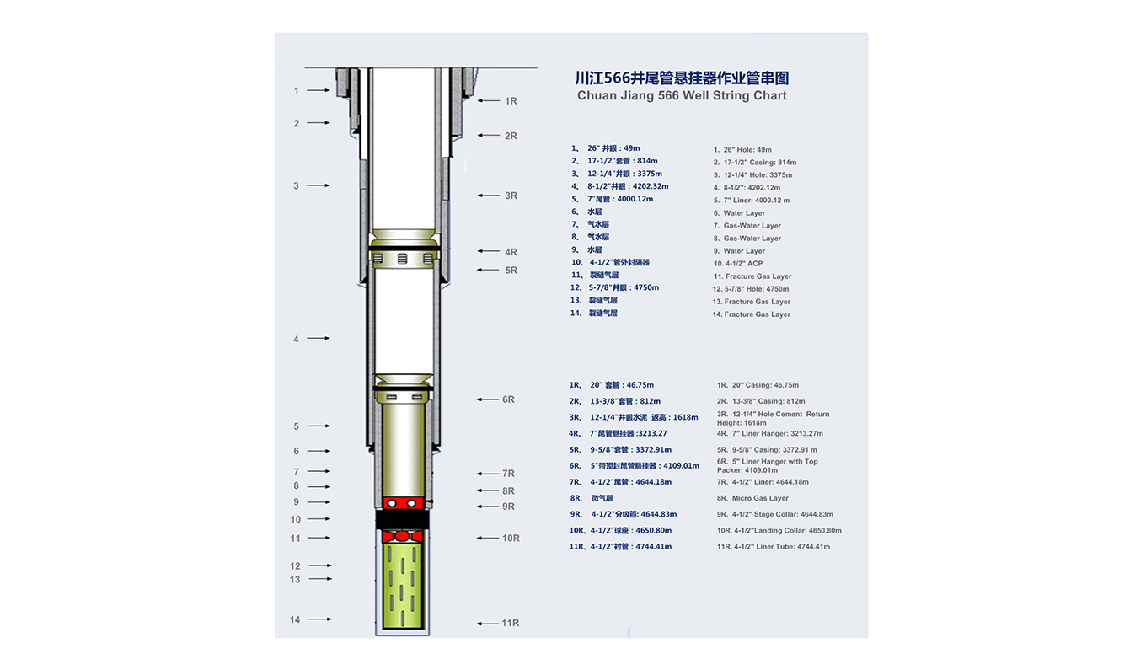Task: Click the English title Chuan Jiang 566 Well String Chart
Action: coord(682,96)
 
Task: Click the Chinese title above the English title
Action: coord(682,78)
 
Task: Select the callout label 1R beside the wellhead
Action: coord(511,101)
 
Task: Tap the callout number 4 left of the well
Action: coord(296,339)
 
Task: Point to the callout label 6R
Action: coord(508,399)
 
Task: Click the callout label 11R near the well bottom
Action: coord(510,623)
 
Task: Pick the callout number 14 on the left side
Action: coord(295,619)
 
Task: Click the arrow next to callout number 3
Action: coord(319,185)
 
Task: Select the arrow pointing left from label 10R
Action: coord(488,538)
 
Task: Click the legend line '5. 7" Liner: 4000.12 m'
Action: coord(752,200)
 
